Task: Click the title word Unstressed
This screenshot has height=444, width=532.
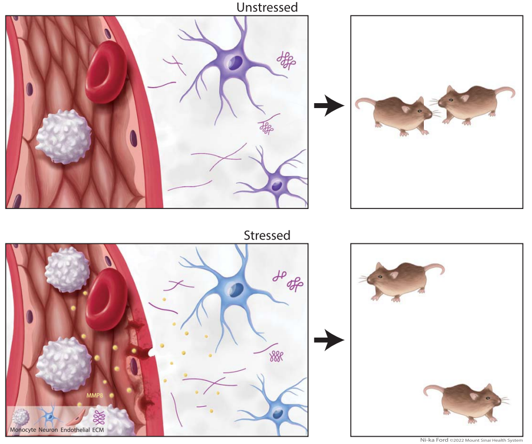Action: click(x=267, y=7)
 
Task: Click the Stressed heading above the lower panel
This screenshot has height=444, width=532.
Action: click(x=267, y=235)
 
